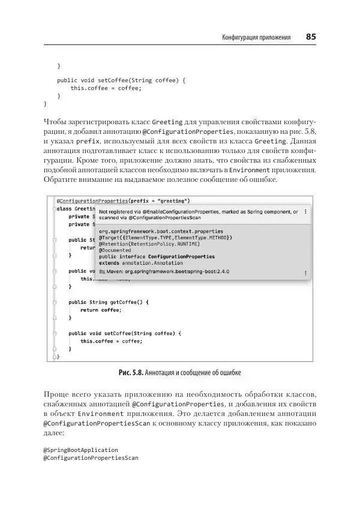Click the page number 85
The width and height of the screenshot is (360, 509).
(x=310, y=37)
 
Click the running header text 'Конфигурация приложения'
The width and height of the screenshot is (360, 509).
(x=256, y=38)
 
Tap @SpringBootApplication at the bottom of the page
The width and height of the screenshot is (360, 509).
(x=81, y=450)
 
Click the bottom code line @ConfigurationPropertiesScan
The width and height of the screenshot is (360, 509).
(x=91, y=458)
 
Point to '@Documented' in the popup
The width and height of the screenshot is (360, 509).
(x=115, y=250)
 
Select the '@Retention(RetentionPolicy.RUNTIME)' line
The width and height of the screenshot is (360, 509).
(x=149, y=244)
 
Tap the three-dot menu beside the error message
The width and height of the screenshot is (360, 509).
(x=305, y=211)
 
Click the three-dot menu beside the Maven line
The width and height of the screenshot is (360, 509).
(x=305, y=271)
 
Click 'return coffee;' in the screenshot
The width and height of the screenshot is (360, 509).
(x=101, y=310)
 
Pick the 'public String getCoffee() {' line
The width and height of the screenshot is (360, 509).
(x=108, y=302)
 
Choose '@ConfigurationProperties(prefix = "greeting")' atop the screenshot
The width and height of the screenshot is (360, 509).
(x=123, y=200)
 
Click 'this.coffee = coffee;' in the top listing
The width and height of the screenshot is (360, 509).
(x=106, y=88)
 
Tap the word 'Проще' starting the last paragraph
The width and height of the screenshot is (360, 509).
(x=56, y=394)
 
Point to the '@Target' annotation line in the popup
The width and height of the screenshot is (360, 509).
(x=166, y=237)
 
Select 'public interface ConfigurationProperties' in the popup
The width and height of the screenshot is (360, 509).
(x=157, y=256)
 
